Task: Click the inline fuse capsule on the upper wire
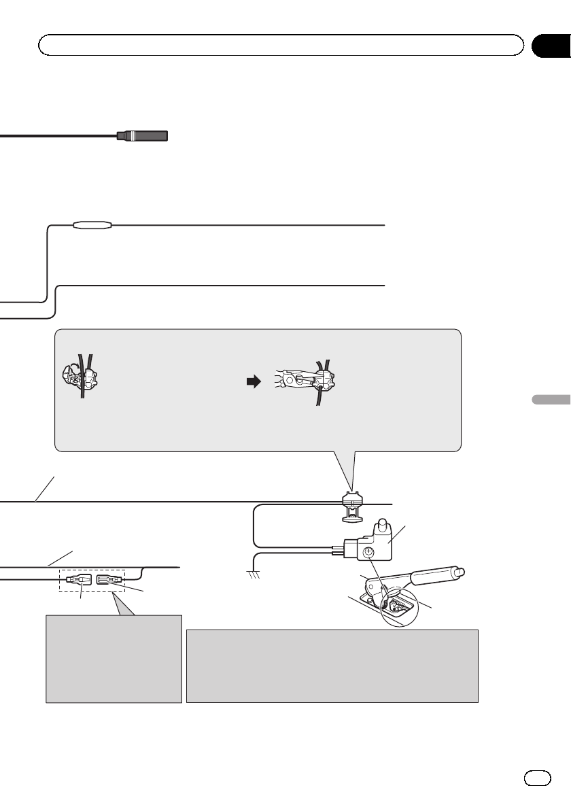point(93,224)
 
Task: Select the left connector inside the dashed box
point(77,580)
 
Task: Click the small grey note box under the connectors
point(114,659)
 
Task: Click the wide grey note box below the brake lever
point(332,666)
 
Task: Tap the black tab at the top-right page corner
point(550,45)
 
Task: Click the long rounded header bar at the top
point(281,45)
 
